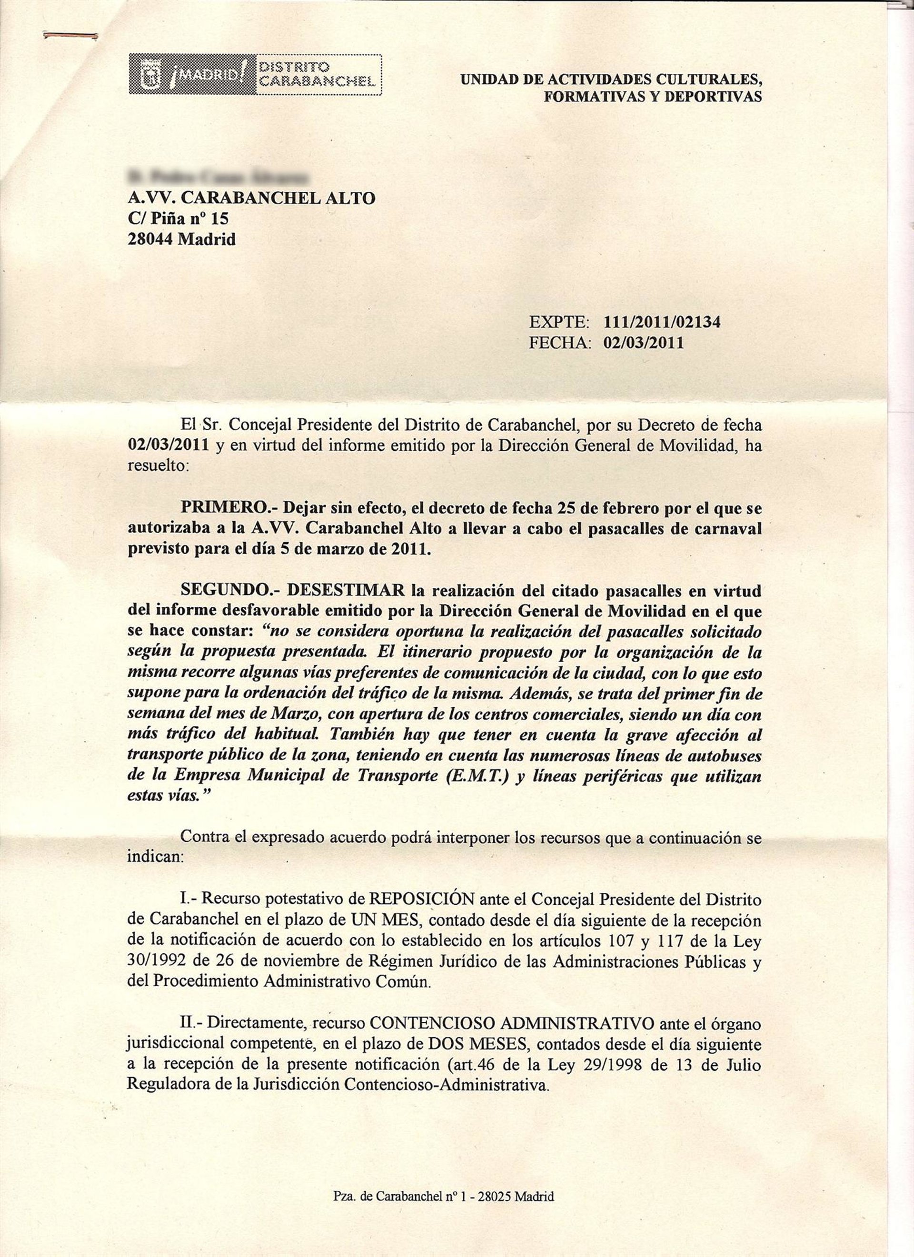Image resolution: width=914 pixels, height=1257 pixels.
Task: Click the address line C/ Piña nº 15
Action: pyautogui.click(x=178, y=218)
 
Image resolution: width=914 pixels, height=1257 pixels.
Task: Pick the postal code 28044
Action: pyautogui.click(x=151, y=239)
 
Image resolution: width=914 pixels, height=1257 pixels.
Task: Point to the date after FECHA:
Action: pyautogui.click(x=644, y=343)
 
